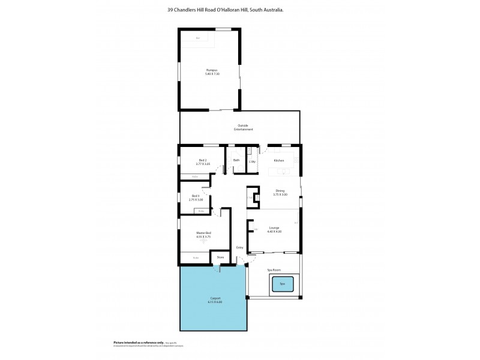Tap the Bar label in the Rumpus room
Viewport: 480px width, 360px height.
[x=198, y=38]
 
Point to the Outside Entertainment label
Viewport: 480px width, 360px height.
[x=243, y=127]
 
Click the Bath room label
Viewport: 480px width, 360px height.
[x=236, y=161]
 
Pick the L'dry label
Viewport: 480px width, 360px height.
[x=253, y=161]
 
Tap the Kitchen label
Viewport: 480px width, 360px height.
[x=278, y=161]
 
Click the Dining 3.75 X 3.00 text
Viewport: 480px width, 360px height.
[x=280, y=193]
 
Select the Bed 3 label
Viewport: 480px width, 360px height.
[x=196, y=197]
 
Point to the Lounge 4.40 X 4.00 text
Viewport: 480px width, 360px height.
[x=274, y=230]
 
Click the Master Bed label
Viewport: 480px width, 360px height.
[x=203, y=235]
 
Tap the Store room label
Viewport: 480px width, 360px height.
[x=220, y=258]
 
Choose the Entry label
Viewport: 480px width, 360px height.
[x=239, y=247]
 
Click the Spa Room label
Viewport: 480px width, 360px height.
[x=274, y=271]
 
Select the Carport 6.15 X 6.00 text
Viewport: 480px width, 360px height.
[x=214, y=300]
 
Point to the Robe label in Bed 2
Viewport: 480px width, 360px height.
[x=195, y=176]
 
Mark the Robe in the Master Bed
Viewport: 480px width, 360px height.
[x=196, y=258]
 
